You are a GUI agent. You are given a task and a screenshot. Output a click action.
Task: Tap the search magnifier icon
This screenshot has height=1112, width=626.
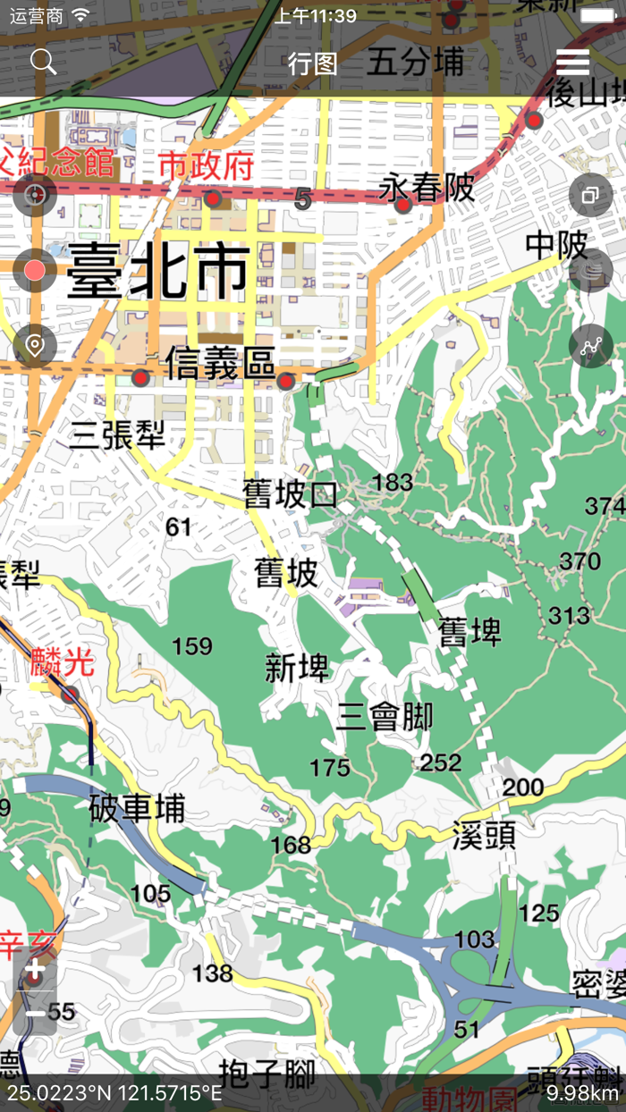click(x=43, y=62)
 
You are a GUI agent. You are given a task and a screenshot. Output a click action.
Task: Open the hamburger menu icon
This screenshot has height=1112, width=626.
click(x=572, y=62)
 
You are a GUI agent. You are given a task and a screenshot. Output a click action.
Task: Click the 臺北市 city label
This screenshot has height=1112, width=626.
click(x=157, y=271)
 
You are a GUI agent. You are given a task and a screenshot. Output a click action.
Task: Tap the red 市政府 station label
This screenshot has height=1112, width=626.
click(x=207, y=165)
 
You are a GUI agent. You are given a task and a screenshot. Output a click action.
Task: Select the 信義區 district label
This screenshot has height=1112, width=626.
click(x=219, y=364)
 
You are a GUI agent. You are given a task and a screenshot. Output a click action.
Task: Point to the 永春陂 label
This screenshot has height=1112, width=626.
click(x=427, y=188)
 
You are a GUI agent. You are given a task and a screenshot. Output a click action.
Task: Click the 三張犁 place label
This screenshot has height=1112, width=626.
click(x=117, y=435)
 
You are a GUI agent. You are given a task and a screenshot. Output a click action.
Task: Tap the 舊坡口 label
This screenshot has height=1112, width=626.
click(x=291, y=494)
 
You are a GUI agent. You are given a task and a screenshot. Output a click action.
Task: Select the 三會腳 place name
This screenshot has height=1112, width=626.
click(x=385, y=717)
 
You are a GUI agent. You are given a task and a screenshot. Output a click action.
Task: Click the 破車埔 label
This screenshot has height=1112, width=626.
click(x=138, y=808)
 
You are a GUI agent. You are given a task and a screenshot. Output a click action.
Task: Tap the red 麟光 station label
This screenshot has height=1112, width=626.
click(x=62, y=662)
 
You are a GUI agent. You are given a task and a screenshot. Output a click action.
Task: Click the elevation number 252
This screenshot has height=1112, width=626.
click(x=441, y=762)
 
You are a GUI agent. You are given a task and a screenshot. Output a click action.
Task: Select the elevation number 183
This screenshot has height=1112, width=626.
click(x=393, y=483)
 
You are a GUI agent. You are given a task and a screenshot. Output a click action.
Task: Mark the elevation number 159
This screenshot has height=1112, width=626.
click(x=192, y=645)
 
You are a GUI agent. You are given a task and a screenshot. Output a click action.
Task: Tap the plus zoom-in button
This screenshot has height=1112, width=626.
click(x=35, y=970)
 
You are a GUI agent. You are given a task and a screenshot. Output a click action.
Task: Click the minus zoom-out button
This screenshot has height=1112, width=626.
click(x=35, y=1015)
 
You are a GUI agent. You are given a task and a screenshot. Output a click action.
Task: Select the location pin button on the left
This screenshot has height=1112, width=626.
click(x=35, y=346)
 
